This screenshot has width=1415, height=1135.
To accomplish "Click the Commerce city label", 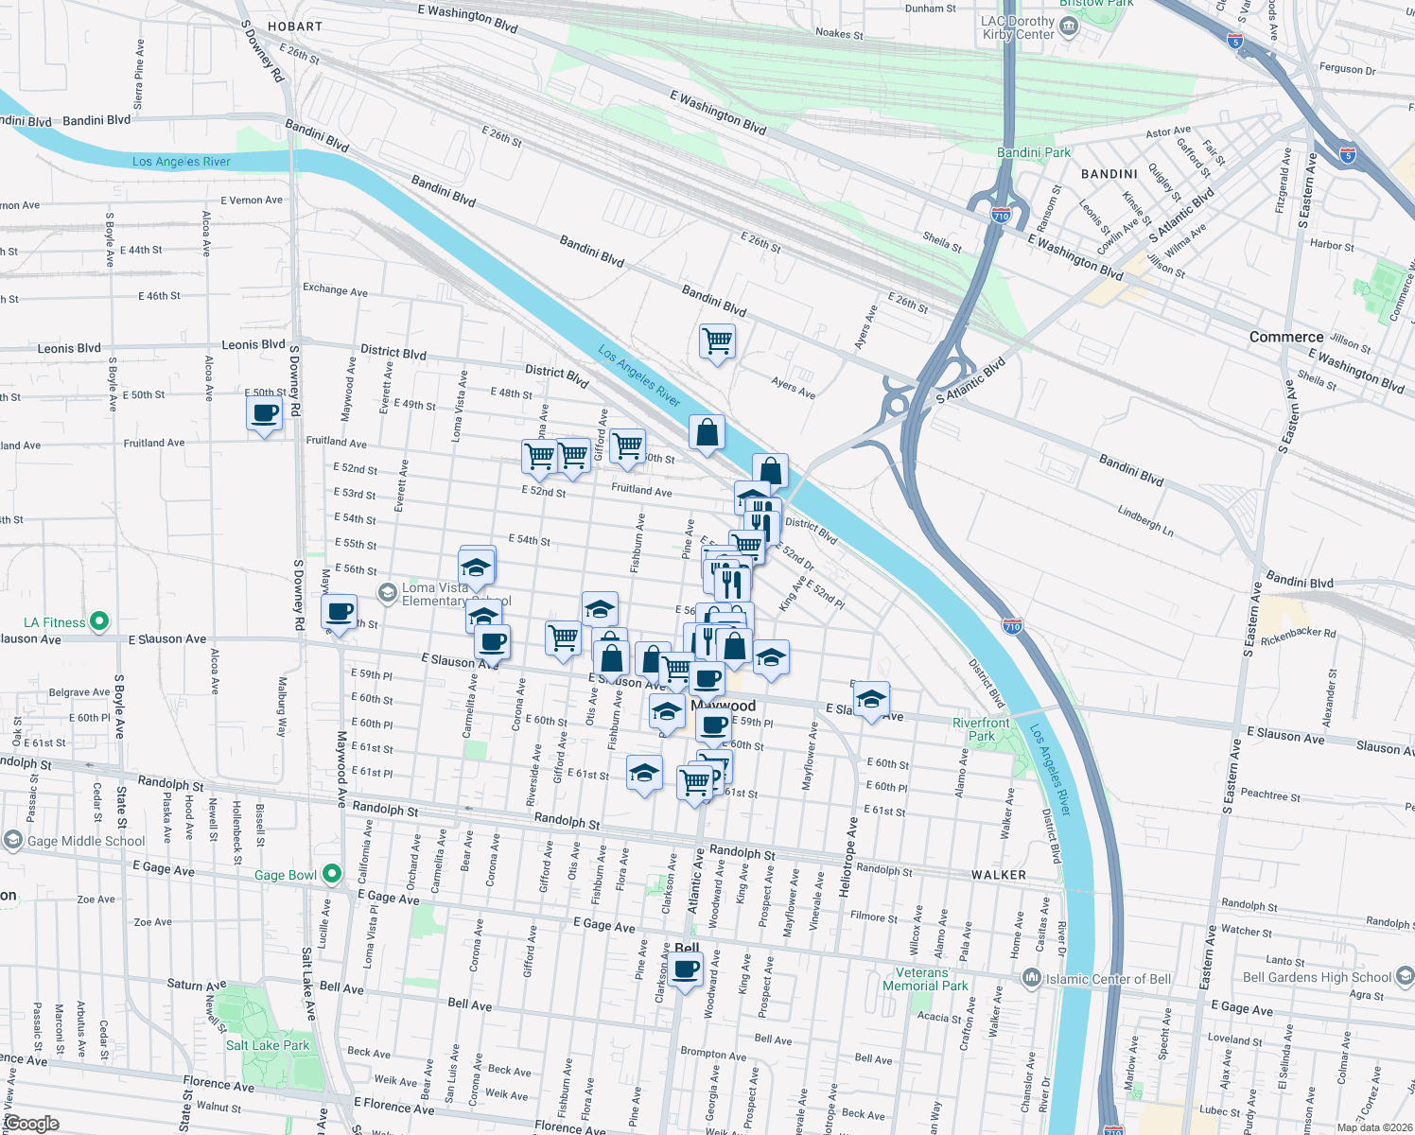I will point(1285,338).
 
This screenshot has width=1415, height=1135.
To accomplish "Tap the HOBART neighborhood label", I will point(295,27).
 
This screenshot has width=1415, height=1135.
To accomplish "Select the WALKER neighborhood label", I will point(999,875).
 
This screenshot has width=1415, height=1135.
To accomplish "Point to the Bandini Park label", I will point(1034,152).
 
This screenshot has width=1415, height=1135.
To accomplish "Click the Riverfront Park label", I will point(981,729).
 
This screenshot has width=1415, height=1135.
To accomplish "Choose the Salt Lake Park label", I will point(268,1045).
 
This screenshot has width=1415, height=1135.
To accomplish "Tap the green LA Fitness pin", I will point(99,622).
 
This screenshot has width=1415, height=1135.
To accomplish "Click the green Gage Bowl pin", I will point(331,874).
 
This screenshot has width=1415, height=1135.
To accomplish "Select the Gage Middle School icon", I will point(13,840).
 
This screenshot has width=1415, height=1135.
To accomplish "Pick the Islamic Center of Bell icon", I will point(1032,978).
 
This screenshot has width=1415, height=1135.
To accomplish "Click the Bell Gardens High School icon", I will point(1405,976).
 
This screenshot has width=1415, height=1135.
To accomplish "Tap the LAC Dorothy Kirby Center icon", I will point(1070,27).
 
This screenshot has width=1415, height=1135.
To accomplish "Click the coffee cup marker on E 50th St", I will point(264,413).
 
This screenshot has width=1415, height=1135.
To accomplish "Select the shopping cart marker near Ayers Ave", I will point(717,340).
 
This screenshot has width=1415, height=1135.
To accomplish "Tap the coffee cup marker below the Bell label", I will point(686,971).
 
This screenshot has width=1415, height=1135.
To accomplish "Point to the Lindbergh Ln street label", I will point(1144,521).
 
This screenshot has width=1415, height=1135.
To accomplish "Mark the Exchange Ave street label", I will point(335,290).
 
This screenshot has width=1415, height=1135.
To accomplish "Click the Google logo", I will point(31,1124).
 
